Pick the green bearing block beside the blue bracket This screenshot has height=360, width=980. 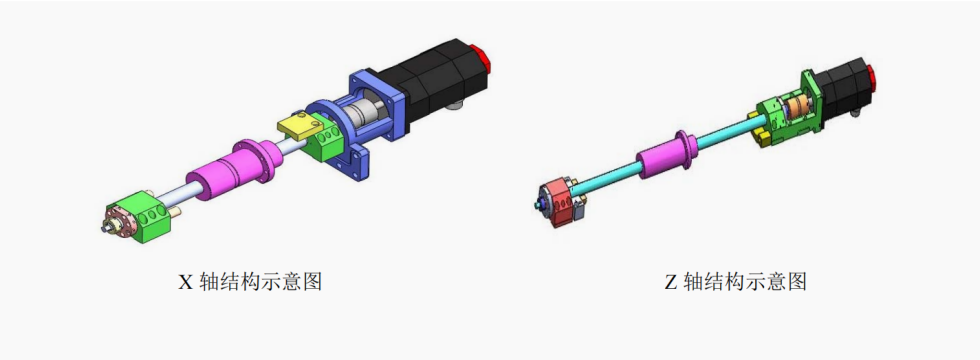pos(324,141)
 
